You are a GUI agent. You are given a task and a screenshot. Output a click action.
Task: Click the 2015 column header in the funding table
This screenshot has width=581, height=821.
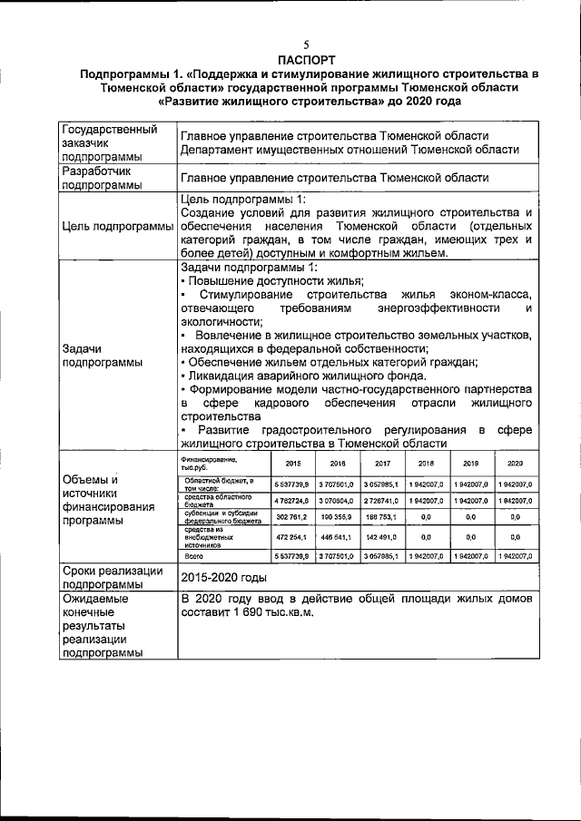pyautogui.click(x=293, y=463)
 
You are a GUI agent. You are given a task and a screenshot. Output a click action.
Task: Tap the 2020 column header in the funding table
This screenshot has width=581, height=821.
pyautogui.click(x=515, y=463)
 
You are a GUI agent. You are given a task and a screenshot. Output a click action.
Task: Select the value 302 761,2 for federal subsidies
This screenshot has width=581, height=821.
pyautogui.click(x=292, y=516)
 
